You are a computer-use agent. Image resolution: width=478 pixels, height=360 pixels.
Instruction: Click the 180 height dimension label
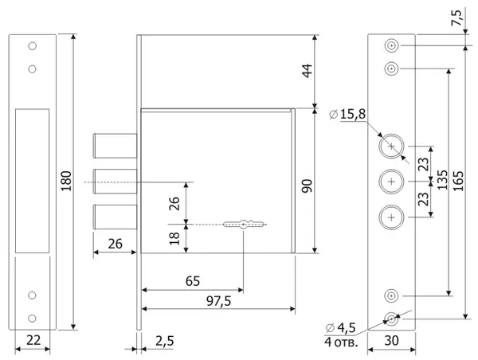tap(66, 181)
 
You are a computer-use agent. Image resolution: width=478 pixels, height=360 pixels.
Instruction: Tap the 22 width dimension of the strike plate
tap(33, 340)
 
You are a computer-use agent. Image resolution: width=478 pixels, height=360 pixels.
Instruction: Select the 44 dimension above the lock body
tap(307, 71)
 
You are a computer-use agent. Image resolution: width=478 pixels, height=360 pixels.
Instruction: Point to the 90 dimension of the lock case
tap(307, 186)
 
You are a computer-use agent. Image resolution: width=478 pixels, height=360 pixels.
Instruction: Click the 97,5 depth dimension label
tap(218, 301)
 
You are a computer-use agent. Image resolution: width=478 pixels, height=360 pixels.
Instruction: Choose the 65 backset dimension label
tap(193, 281)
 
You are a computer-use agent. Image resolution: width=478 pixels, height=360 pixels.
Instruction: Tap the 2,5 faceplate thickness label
tap(165, 341)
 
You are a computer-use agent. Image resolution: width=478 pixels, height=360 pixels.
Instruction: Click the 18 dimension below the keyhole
tap(174, 238)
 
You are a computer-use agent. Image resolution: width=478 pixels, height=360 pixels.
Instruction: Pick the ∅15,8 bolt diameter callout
tap(347, 115)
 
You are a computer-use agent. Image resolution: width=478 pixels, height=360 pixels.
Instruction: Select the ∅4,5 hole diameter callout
tap(340, 328)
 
